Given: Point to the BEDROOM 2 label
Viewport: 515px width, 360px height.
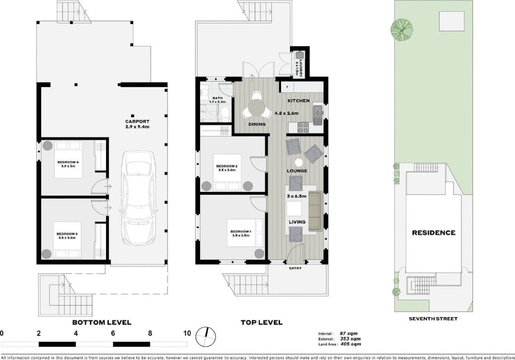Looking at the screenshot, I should point(227,166).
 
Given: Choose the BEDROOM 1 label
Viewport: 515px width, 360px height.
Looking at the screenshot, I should point(241,231).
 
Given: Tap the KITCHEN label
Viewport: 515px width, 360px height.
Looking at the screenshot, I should point(299,101).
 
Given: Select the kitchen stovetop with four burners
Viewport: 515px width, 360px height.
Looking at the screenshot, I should point(303,127).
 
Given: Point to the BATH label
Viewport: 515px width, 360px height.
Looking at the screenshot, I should point(218,98).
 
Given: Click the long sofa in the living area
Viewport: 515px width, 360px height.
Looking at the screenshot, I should point(315,212).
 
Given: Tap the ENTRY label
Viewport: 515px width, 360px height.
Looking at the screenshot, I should point(295,268).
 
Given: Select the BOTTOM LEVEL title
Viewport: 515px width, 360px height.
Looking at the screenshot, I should point(101,322).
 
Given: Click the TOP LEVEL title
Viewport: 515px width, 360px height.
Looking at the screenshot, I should point(262,322).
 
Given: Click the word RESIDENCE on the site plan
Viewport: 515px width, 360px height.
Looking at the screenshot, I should point(433,233).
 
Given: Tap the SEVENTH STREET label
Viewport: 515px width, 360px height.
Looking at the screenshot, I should point(433,318).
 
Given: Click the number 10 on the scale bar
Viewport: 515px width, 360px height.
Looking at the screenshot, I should point(187,333).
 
